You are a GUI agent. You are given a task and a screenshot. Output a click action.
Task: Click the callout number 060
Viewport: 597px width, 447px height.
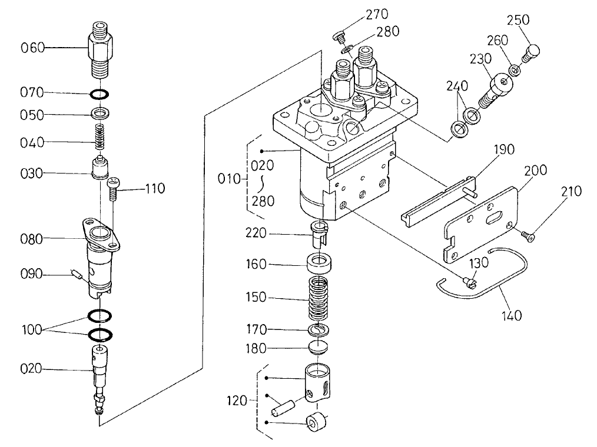[x=33, y=48]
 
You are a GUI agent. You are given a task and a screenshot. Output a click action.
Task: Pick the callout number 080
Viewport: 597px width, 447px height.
[x=33, y=239]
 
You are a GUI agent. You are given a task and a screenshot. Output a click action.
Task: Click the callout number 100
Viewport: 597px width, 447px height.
[x=32, y=330]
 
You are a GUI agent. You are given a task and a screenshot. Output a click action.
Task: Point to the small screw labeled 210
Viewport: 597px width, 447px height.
[x=527, y=236]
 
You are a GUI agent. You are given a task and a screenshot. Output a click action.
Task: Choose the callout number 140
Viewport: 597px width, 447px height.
[x=512, y=316]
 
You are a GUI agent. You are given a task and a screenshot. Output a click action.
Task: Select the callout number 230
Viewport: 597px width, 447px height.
[x=480, y=59]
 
